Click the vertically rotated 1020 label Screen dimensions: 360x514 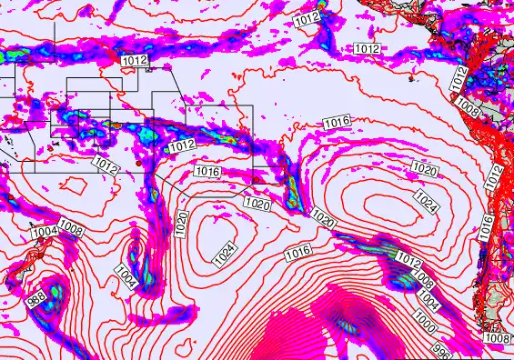click(x=182, y=222)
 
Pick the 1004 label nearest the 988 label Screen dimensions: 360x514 click(x=45, y=233)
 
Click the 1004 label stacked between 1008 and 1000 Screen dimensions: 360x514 click(x=428, y=296)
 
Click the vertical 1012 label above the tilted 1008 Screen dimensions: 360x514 click(x=460, y=79)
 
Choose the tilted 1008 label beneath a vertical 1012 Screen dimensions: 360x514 click(x=468, y=107)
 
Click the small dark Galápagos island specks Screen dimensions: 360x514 click(x=414, y=77)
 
